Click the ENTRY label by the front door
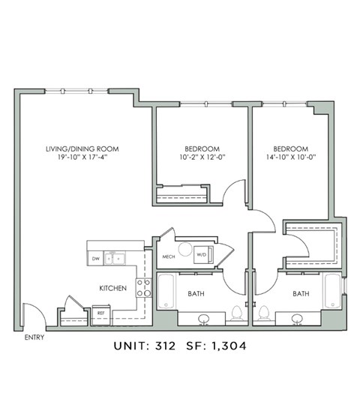pos(34,337)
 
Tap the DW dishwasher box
pos(96,259)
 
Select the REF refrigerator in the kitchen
pos(101,314)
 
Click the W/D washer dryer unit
pos(203,254)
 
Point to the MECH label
pos(169,256)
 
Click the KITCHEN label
pos(112,288)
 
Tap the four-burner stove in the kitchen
pos(143,288)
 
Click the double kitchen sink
pos(115,259)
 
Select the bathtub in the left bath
pos(166,291)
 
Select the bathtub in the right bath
pos(333,291)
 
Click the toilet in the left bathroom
pos(237,314)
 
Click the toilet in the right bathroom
pos(264,314)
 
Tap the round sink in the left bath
pos(204,319)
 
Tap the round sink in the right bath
pos(297,319)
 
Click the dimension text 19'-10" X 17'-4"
pos(82,157)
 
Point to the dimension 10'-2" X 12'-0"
pos(202,157)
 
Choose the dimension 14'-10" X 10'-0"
pos(291,157)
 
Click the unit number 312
pos(165,346)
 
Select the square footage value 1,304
pos(229,346)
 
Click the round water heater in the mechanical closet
pos(185,249)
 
